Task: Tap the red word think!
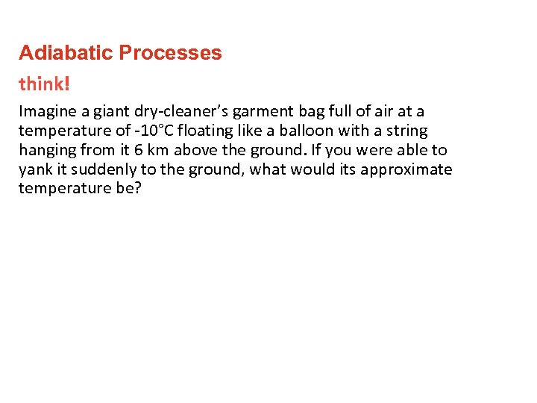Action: click(x=45, y=84)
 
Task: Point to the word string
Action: click(x=404, y=131)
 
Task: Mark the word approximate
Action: click(x=406, y=169)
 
